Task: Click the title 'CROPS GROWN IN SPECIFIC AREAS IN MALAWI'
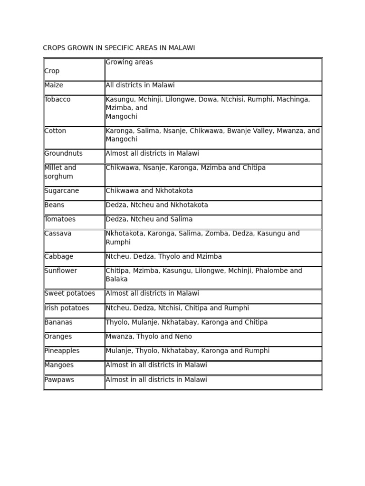(x=119, y=48)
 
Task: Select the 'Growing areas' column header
(x=129, y=62)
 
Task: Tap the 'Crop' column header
(x=52, y=71)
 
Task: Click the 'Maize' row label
(x=54, y=85)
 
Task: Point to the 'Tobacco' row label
(x=58, y=100)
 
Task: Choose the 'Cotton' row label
(x=55, y=131)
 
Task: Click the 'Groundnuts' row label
(x=63, y=154)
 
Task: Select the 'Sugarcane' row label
(x=62, y=191)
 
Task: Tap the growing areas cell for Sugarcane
(x=149, y=191)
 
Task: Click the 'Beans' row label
(x=54, y=205)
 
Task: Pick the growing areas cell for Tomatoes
(x=149, y=219)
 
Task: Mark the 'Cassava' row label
(x=58, y=234)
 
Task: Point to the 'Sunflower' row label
(x=60, y=271)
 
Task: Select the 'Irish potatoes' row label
(x=67, y=308)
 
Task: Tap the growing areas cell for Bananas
(x=186, y=322)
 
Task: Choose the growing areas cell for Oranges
(x=149, y=336)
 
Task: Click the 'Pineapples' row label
(x=62, y=351)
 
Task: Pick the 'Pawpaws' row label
(x=59, y=380)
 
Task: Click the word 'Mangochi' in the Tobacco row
(x=121, y=117)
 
